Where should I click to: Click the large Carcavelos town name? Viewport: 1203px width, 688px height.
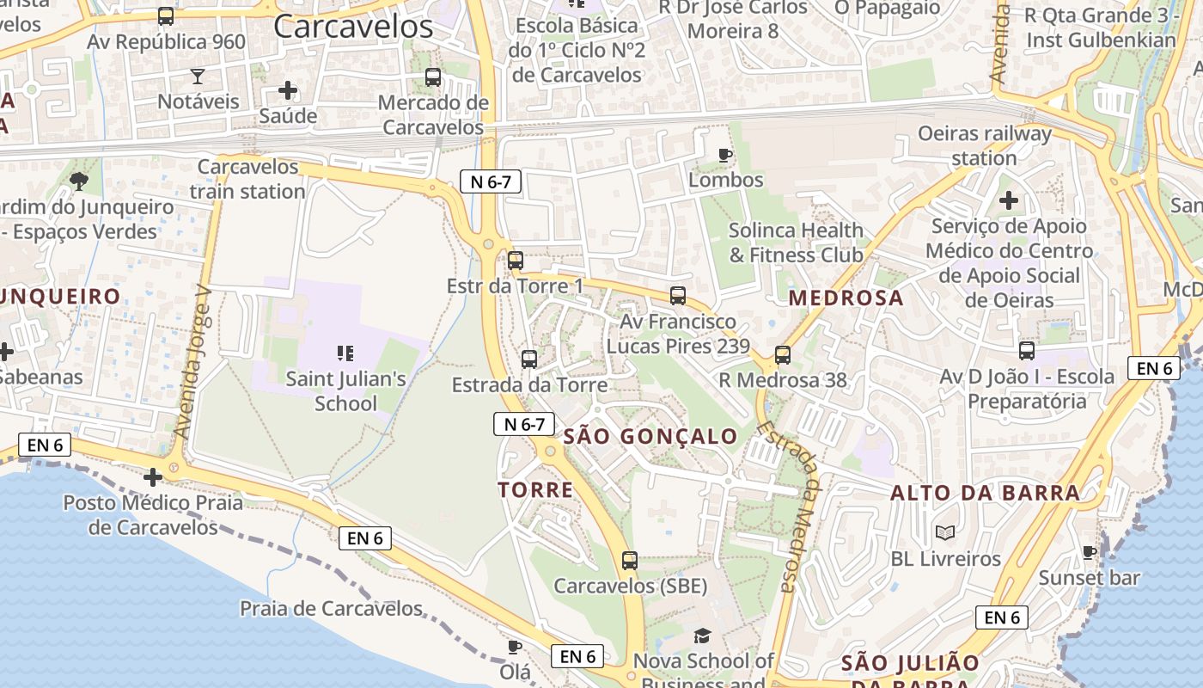pos(353,27)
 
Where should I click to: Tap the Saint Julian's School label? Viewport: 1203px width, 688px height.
pos(345,390)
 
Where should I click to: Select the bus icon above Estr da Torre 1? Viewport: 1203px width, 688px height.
pos(516,260)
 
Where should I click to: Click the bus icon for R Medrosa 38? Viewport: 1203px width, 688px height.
pos(782,354)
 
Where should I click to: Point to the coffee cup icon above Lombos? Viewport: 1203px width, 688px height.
pos(725,156)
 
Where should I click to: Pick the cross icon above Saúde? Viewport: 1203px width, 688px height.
pos(288,89)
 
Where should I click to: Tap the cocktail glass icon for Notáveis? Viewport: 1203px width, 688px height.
pos(198,77)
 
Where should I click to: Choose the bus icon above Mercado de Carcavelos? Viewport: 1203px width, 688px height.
pos(433,77)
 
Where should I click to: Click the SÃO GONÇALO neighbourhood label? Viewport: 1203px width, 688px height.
pos(650,436)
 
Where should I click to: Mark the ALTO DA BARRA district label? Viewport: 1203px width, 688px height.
pos(985,493)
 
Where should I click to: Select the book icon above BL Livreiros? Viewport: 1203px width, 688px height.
pos(945,533)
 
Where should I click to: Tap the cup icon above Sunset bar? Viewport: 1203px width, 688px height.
pos(1090,552)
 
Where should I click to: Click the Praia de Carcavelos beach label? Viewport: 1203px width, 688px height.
pos(331,609)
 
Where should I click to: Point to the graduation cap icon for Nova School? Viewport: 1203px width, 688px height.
pos(703,636)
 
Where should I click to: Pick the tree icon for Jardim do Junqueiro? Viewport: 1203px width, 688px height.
pos(79,181)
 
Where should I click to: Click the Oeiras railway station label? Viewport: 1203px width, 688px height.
pos(985,145)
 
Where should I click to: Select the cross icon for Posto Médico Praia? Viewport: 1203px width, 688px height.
pos(153,476)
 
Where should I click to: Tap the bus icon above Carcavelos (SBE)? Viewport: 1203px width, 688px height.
pos(630,561)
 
